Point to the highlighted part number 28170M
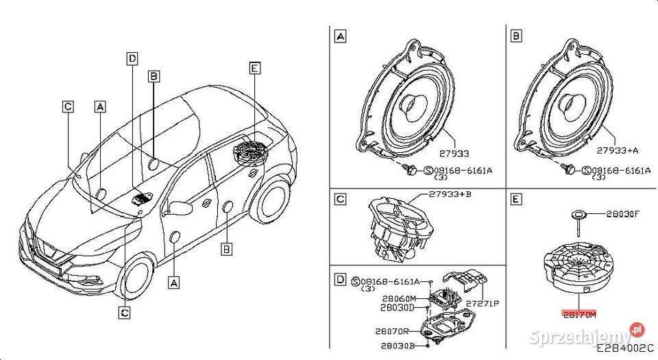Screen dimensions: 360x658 tap(580, 314)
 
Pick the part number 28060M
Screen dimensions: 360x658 tap(398, 299)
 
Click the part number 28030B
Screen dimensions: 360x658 tap(398, 347)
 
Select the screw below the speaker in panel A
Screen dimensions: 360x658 tap(409, 169)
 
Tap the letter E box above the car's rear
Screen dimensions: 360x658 tap(254, 68)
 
